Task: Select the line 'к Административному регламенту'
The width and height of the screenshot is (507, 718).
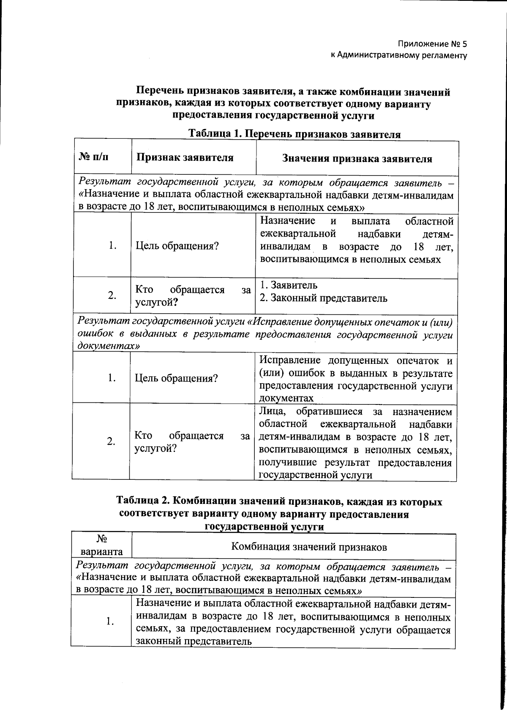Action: (399, 55)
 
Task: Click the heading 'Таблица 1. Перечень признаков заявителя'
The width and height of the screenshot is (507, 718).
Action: (294, 135)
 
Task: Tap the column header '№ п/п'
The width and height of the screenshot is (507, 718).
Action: (93, 158)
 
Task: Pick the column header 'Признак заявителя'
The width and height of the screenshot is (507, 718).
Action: (184, 158)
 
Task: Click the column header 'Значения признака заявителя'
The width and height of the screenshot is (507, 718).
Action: (357, 159)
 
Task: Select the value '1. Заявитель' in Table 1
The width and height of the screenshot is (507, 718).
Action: (289, 285)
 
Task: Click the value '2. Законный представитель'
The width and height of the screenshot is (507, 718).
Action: (323, 298)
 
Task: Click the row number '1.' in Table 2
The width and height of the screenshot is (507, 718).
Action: (110, 622)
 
